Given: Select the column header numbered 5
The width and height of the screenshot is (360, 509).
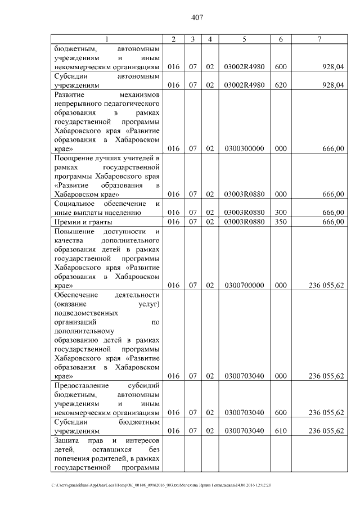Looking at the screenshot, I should [244, 39].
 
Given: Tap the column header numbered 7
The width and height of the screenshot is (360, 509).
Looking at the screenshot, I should [319, 39].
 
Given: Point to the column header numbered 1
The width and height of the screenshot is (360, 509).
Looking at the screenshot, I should [107, 39].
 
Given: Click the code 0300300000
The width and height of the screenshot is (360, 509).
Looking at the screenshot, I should [244, 149].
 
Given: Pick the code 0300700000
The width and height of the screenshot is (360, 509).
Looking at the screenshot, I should [244, 286].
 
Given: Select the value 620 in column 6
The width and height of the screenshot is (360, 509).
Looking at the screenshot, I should [280, 85].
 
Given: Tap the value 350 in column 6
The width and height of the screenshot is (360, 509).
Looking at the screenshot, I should [280, 222].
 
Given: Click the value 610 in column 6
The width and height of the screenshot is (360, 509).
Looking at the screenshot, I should [280, 431].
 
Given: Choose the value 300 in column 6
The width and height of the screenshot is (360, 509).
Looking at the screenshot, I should [280, 212].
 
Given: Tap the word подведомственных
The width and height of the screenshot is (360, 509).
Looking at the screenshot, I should [86, 313].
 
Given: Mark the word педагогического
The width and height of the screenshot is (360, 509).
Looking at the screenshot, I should [133, 104].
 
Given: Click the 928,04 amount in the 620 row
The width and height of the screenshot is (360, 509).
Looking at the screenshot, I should [333, 85].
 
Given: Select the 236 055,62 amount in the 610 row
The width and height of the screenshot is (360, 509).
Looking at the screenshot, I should [326, 431].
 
